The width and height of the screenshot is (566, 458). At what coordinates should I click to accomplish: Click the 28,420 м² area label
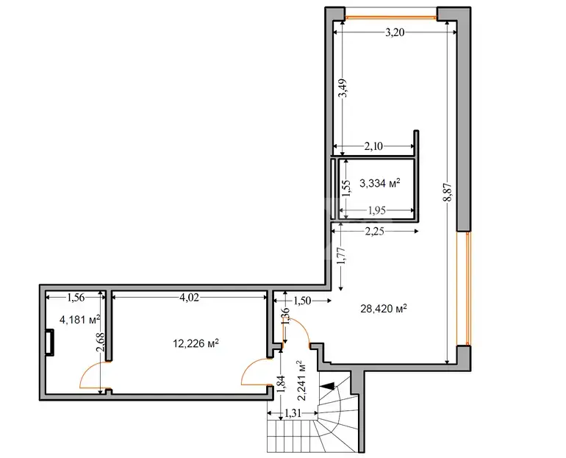coord(384,309)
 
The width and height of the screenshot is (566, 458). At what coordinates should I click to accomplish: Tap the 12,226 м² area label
coord(196,343)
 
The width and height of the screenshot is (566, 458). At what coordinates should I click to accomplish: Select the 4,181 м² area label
coord(80,319)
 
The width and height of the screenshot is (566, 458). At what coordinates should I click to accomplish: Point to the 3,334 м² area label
coord(380,183)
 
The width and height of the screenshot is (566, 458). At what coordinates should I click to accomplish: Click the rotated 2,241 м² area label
coord(301,380)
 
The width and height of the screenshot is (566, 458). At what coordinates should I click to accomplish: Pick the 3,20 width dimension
coord(395,33)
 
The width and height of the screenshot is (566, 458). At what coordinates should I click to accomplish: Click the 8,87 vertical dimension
coord(448,192)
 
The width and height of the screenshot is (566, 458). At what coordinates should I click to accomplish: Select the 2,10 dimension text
coord(373,146)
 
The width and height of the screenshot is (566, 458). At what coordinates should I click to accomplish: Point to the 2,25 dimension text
coord(374,232)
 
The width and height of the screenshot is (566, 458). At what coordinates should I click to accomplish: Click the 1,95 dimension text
coord(376,210)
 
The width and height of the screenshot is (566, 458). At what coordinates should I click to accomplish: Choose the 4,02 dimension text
coord(189,298)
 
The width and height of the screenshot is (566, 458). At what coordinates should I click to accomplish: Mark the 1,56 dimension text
coord(76,298)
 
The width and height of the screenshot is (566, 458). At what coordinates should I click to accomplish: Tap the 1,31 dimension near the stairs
coord(293,412)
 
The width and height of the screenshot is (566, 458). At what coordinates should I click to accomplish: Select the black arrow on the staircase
coord(327,386)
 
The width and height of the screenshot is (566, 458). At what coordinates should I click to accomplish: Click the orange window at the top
coord(391,17)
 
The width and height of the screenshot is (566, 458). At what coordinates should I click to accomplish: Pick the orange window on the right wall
coord(468,288)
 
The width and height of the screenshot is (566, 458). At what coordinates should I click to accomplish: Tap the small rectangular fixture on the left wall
coord(49,342)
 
